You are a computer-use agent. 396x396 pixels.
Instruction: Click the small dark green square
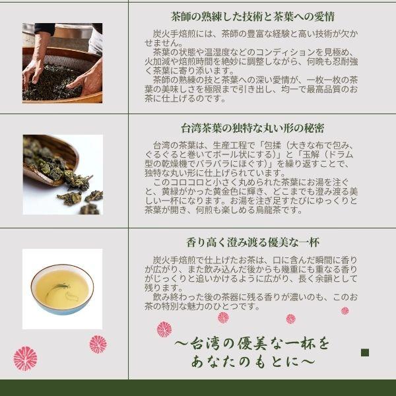point(365,352)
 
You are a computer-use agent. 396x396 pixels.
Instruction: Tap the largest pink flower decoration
point(25,358)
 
